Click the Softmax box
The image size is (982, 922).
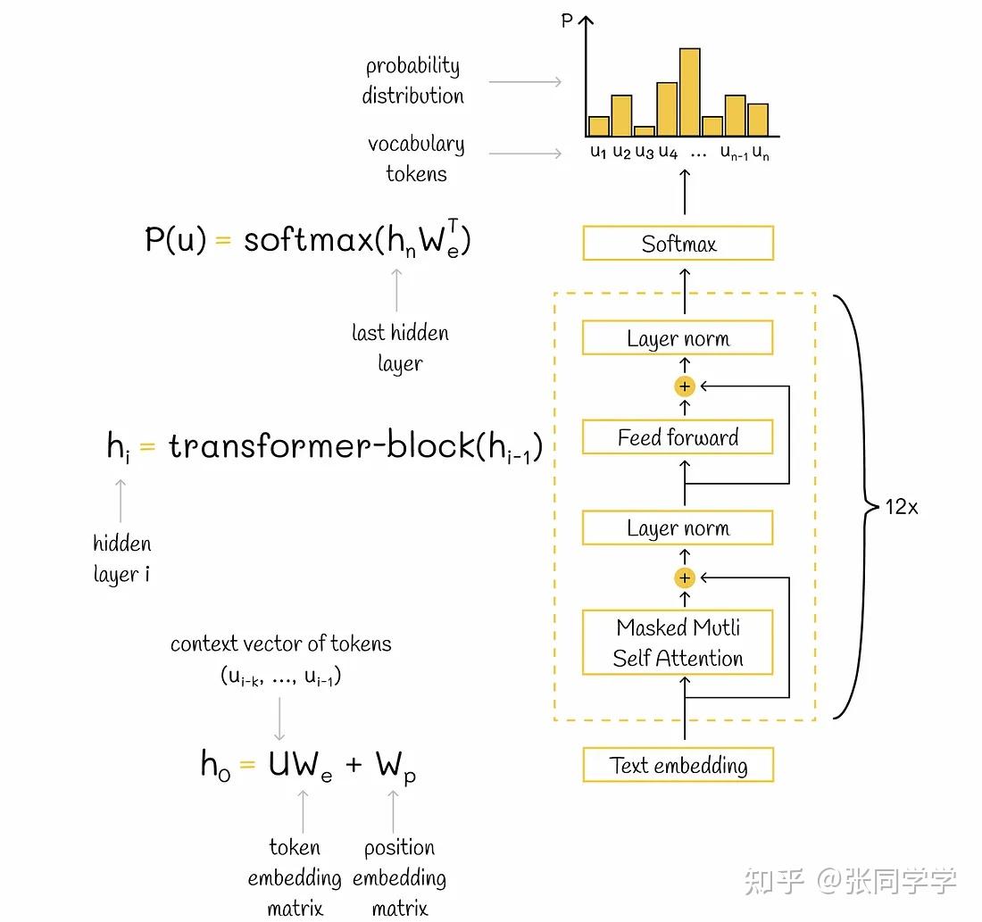[678, 244]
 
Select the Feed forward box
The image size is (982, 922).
[678, 437]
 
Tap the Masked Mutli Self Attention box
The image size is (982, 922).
[678, 643]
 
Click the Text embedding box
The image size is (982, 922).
[678, 765]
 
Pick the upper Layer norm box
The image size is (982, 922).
[678, 338]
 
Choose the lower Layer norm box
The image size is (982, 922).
[678, 527]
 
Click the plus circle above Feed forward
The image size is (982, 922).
[685, 386]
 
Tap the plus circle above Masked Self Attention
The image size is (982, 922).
[685, 577]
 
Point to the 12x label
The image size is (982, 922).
[901, 507]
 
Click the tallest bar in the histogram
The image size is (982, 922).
[689, 92]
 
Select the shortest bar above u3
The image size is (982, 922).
[644, 131]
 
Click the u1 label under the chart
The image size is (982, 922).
[598, 153]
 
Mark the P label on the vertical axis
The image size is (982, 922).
[567, 20]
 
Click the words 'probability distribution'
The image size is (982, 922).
[412, 80]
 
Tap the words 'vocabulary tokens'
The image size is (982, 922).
[416, 158]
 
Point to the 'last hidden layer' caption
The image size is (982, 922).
[400, 347]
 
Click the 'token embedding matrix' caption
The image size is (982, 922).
[295, 876]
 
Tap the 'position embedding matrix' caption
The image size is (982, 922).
[399, 876]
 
